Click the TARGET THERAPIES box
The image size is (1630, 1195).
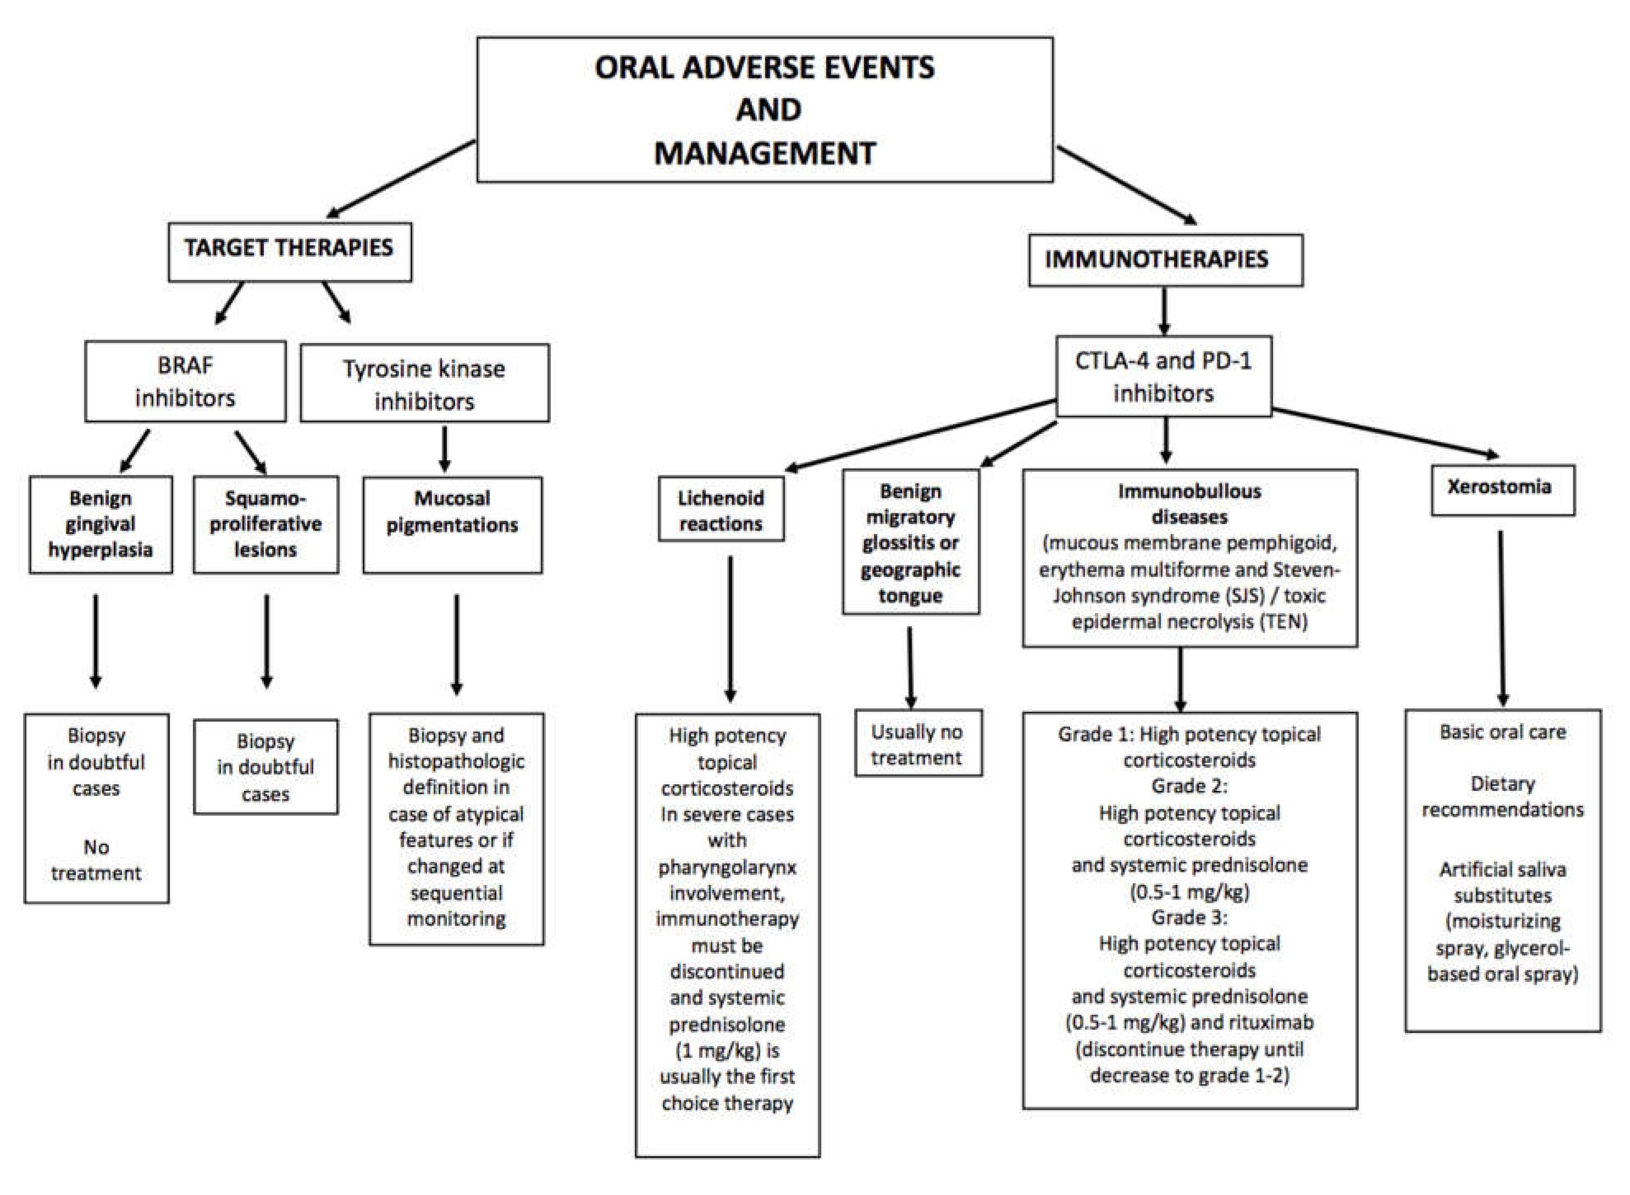click(289, 251)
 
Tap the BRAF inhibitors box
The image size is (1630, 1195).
click(185, 381)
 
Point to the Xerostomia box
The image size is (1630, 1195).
click(1502, 490)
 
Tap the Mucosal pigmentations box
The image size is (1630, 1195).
click(452, 524)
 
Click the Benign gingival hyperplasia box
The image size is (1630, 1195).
click(101, 524)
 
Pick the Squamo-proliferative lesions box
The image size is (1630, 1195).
click(265, 524)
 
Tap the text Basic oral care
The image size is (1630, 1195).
click(1502, 732)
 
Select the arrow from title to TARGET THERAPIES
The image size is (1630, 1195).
click(402, 178)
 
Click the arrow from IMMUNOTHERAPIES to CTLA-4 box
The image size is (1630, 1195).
click(1164, 311)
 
